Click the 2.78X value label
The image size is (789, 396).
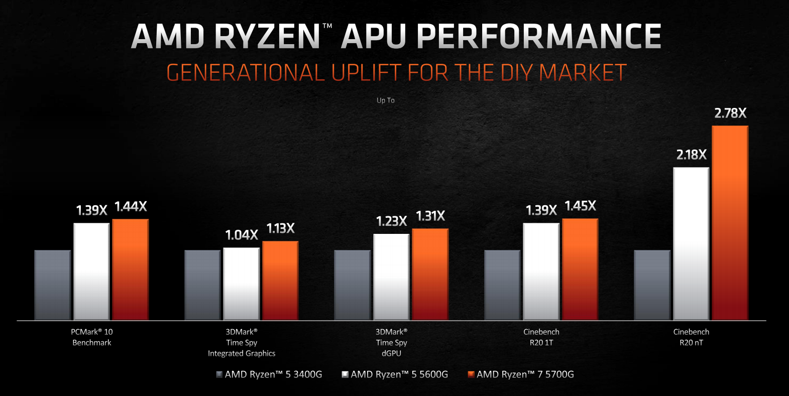730,113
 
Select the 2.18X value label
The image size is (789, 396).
691,155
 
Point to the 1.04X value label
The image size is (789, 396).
241,235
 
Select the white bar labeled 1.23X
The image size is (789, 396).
391,277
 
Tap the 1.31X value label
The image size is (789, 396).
430,216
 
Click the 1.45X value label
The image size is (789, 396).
580,206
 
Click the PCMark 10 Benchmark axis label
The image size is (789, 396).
92,337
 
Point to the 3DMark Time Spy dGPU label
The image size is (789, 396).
391,342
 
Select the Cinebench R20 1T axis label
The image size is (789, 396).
541,337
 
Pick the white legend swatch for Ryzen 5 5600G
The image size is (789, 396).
345,374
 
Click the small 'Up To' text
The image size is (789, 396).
386,100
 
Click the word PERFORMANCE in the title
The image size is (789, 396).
538,37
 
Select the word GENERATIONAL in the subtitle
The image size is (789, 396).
246,73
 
